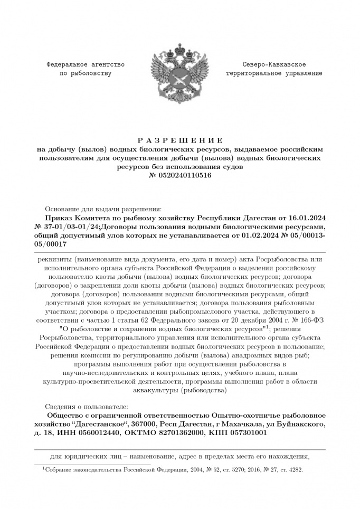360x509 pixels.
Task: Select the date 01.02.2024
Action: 252,235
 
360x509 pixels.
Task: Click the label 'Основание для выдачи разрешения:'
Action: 103,209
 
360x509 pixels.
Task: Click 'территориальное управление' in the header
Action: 274,73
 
